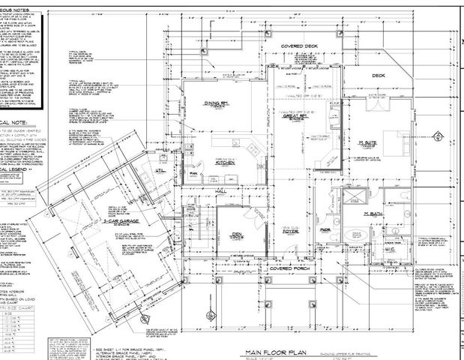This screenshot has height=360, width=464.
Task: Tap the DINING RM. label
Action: point(217,103)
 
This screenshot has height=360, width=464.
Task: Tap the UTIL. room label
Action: point(160,170)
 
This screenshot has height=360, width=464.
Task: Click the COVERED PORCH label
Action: point(290,268)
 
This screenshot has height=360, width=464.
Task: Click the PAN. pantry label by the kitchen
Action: point(193,172)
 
